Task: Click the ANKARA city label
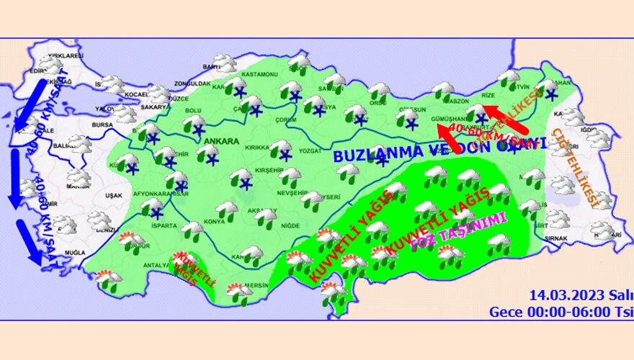pyautogui.click(x=221, y=141)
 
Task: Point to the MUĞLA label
pyautogui.click(x=74, y=254)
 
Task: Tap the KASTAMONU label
pyautogui.click(x=259, y=75)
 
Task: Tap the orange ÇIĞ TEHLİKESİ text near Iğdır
pyautogui.click(x=574, y=167)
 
